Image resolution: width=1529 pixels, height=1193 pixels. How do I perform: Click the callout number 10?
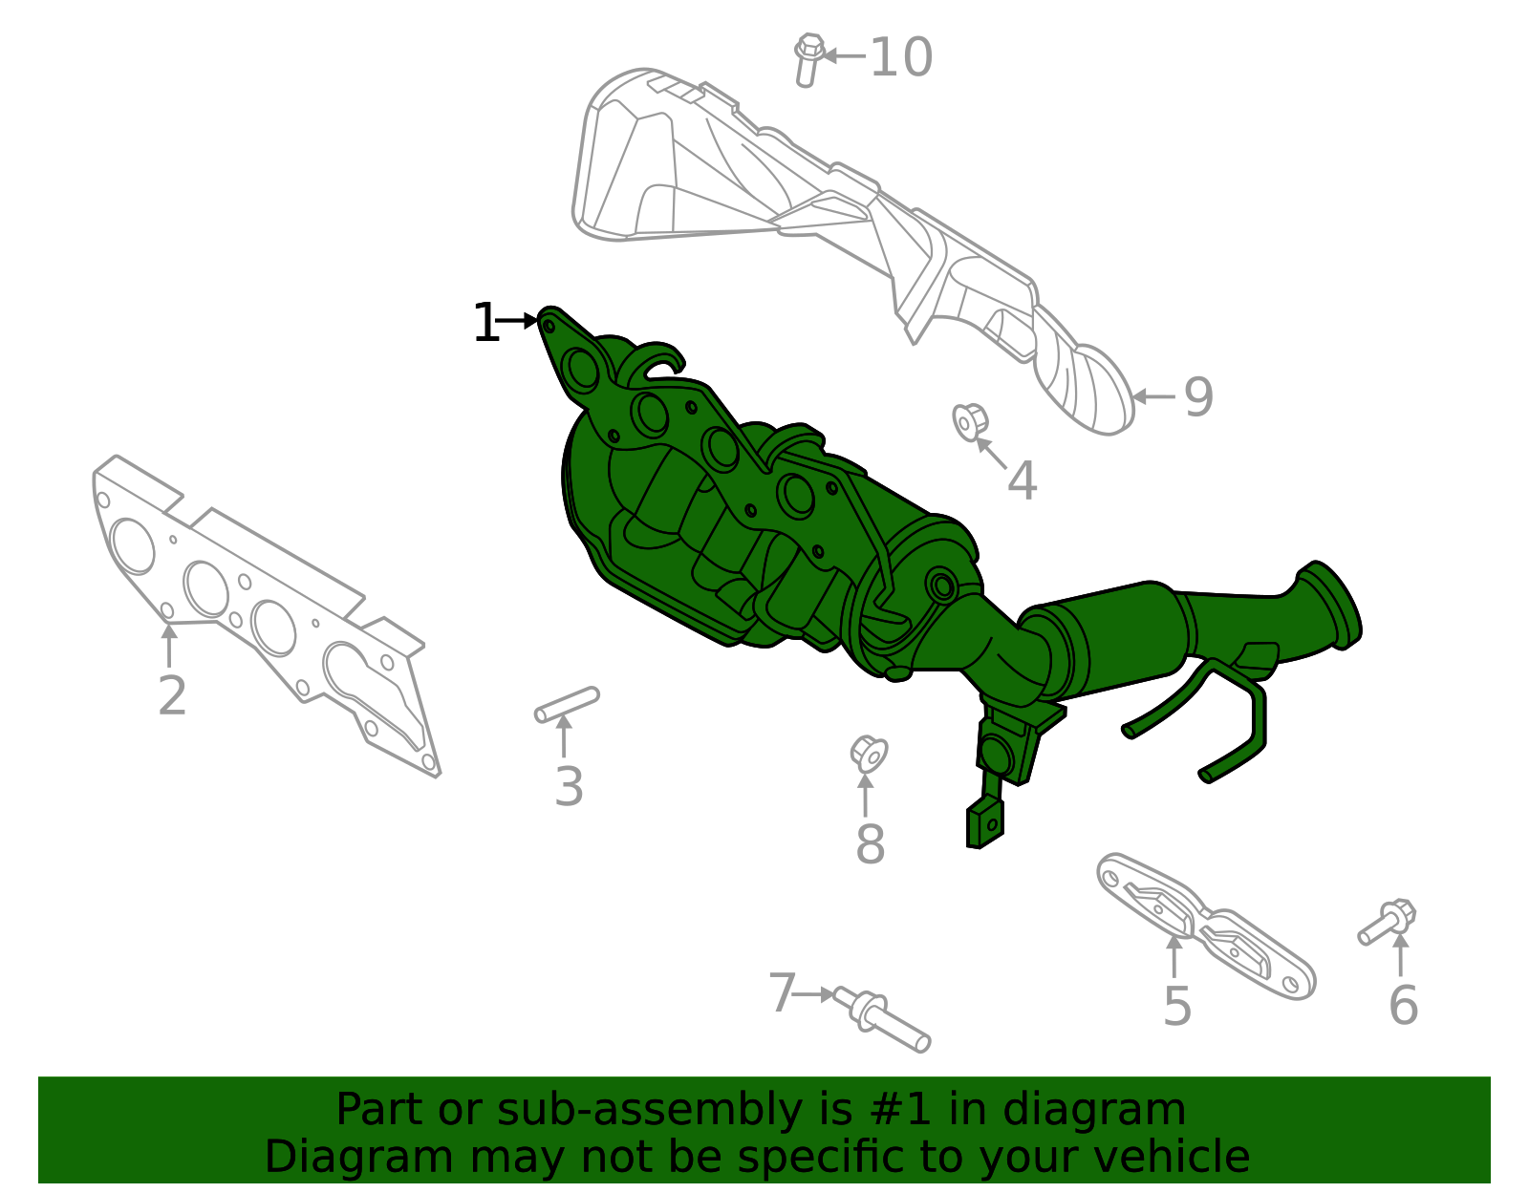pyautogui.click(x=900, y=57)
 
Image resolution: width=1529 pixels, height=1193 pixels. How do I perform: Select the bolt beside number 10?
pyautogui.click(x=808, y=59)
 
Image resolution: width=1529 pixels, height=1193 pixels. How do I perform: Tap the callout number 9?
pyautogui.click(x=1198, y=397)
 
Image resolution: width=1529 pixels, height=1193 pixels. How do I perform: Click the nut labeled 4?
pyautogui.click(x=968, y=421)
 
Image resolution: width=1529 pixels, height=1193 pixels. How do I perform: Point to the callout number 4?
pyautogui.click(x=1022, y=480)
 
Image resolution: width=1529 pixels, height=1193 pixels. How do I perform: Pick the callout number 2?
pyautogui.click(x=172, y=695)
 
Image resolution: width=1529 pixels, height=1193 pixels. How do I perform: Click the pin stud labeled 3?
pyautogui.click(x=567, y=704)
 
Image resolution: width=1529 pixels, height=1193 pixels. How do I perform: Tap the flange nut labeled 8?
pyautogui.click(x=869, y=753)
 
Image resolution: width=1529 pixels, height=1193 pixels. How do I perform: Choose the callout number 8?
pyautogui.click(x=870, y=844)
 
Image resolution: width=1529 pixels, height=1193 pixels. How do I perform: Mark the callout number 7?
pyautogui.click(x=782, y=993)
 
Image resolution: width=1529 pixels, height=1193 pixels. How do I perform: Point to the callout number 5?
pyautogui.click(x=1177, y=1006)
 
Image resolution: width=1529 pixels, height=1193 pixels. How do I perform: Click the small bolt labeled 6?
pyautogui.click(x=1388, y=922)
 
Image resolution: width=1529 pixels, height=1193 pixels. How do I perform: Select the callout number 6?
pyautogui.click(x=1403, y=1005)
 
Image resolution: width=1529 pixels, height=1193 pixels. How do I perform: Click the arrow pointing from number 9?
pyautogui.click(x=1153, y=396)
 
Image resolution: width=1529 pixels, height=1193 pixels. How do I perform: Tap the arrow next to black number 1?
pyautogui.click(x=520, y=320)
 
